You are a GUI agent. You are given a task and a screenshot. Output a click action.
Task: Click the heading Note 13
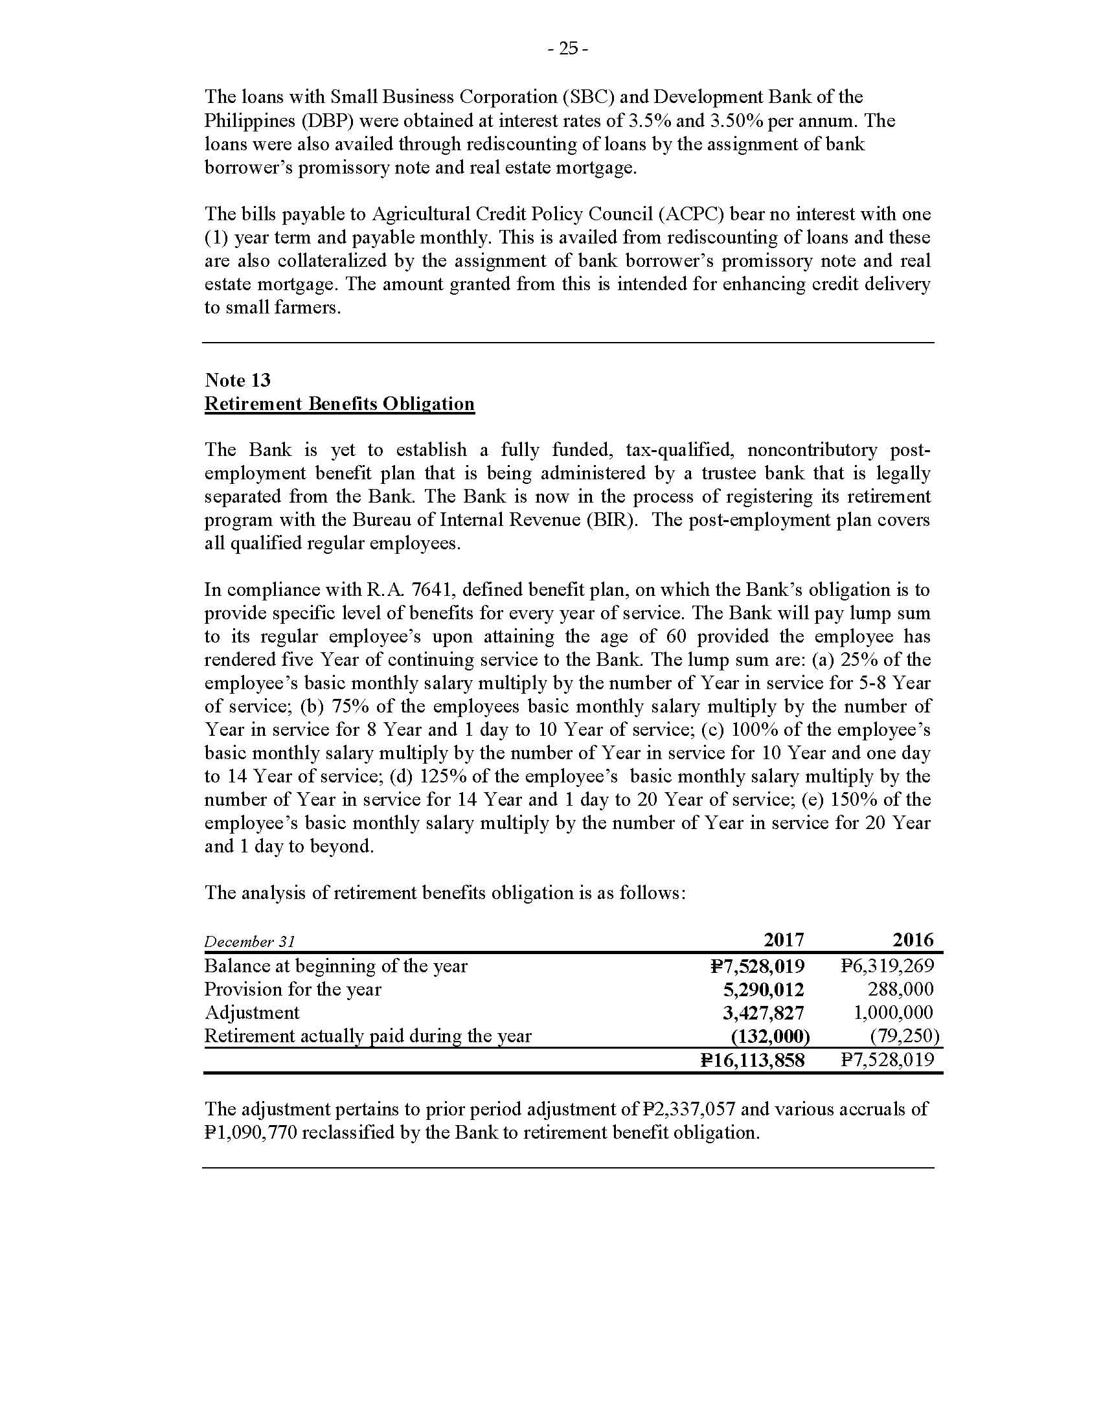(238, 380)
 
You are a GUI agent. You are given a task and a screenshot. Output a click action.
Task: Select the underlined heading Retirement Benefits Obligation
(339, 404)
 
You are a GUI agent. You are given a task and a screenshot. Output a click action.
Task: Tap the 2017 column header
(784, 940)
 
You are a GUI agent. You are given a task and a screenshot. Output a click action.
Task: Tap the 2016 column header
(913, 940)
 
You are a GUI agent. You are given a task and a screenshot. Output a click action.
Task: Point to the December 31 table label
(250, 942)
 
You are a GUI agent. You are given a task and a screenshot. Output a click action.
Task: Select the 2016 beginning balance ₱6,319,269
(887, 966)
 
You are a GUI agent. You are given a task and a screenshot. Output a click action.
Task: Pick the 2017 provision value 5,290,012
(763, 989)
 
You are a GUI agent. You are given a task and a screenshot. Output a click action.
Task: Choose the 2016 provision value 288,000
(900, 989)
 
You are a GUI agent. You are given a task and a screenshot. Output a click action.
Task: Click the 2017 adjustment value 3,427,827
(763, 1012)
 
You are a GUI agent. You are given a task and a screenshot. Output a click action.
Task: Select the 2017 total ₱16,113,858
(752, 1060)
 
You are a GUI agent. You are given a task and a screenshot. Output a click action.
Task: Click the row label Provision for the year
(293, 989)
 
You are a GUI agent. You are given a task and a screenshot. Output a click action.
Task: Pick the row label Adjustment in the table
(252, 1012)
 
